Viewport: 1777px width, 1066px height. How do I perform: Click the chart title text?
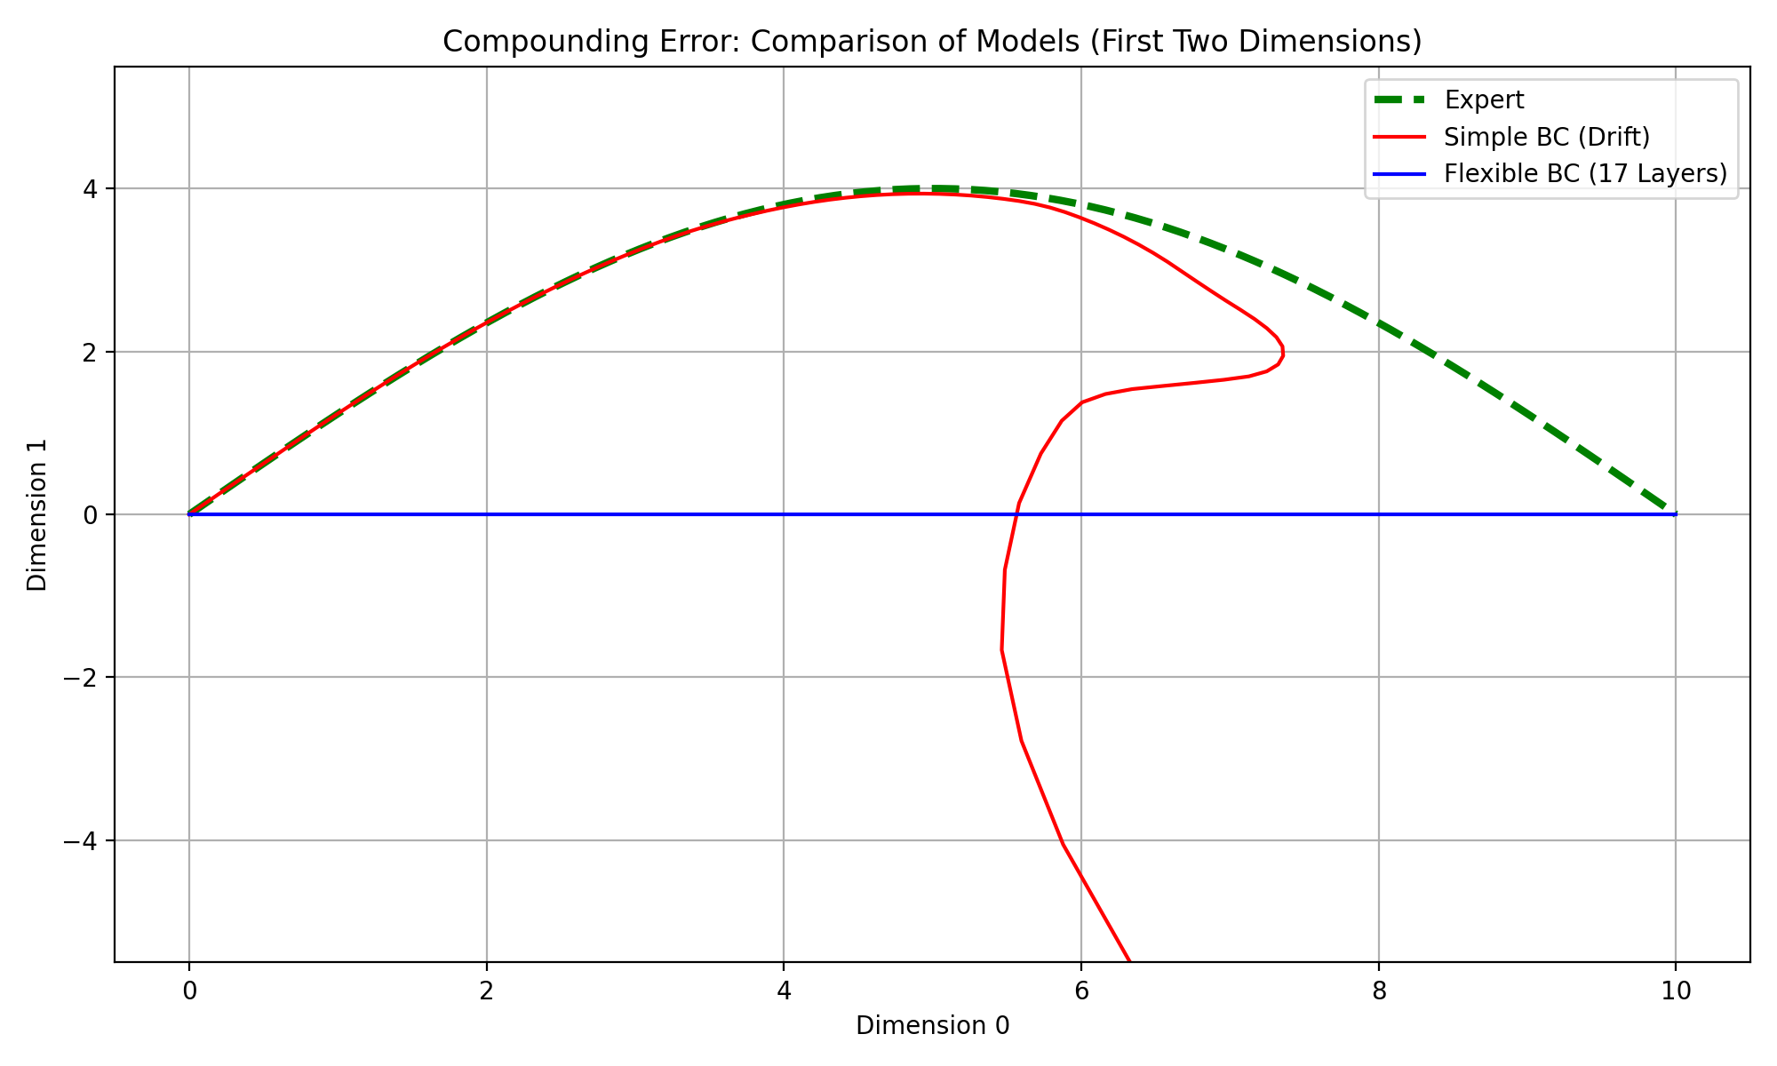click(x=932, y=42)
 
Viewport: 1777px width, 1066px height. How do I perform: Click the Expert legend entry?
click(x=1484, y=100)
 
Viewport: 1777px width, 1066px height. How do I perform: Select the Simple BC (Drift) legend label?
click(x=1547, y=137)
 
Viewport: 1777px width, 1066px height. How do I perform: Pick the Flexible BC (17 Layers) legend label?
click(x=1585, y=173)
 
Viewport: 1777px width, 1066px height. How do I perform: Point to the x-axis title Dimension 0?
click(x=932, y=1026)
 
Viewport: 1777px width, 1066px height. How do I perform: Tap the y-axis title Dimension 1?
click(x=37, y=514)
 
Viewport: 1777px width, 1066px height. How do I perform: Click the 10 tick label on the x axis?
click(x=1676, y=991)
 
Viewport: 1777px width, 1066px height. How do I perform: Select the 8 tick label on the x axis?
click(x=1378, y=991)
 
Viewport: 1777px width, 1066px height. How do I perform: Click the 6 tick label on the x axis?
click(x=1080, y=991)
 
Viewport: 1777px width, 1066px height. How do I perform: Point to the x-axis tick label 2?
click(x=486, y=991)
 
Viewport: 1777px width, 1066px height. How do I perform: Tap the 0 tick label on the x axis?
click(x=188, y=991)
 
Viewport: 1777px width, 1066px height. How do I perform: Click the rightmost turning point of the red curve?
click(x=1282, y=352)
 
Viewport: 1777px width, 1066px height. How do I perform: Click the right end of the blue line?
click(x=1676, y=514)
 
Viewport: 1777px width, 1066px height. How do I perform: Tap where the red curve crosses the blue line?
click(x=1017, y=514)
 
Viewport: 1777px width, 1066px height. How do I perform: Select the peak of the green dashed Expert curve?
click(x=932, y=188)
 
